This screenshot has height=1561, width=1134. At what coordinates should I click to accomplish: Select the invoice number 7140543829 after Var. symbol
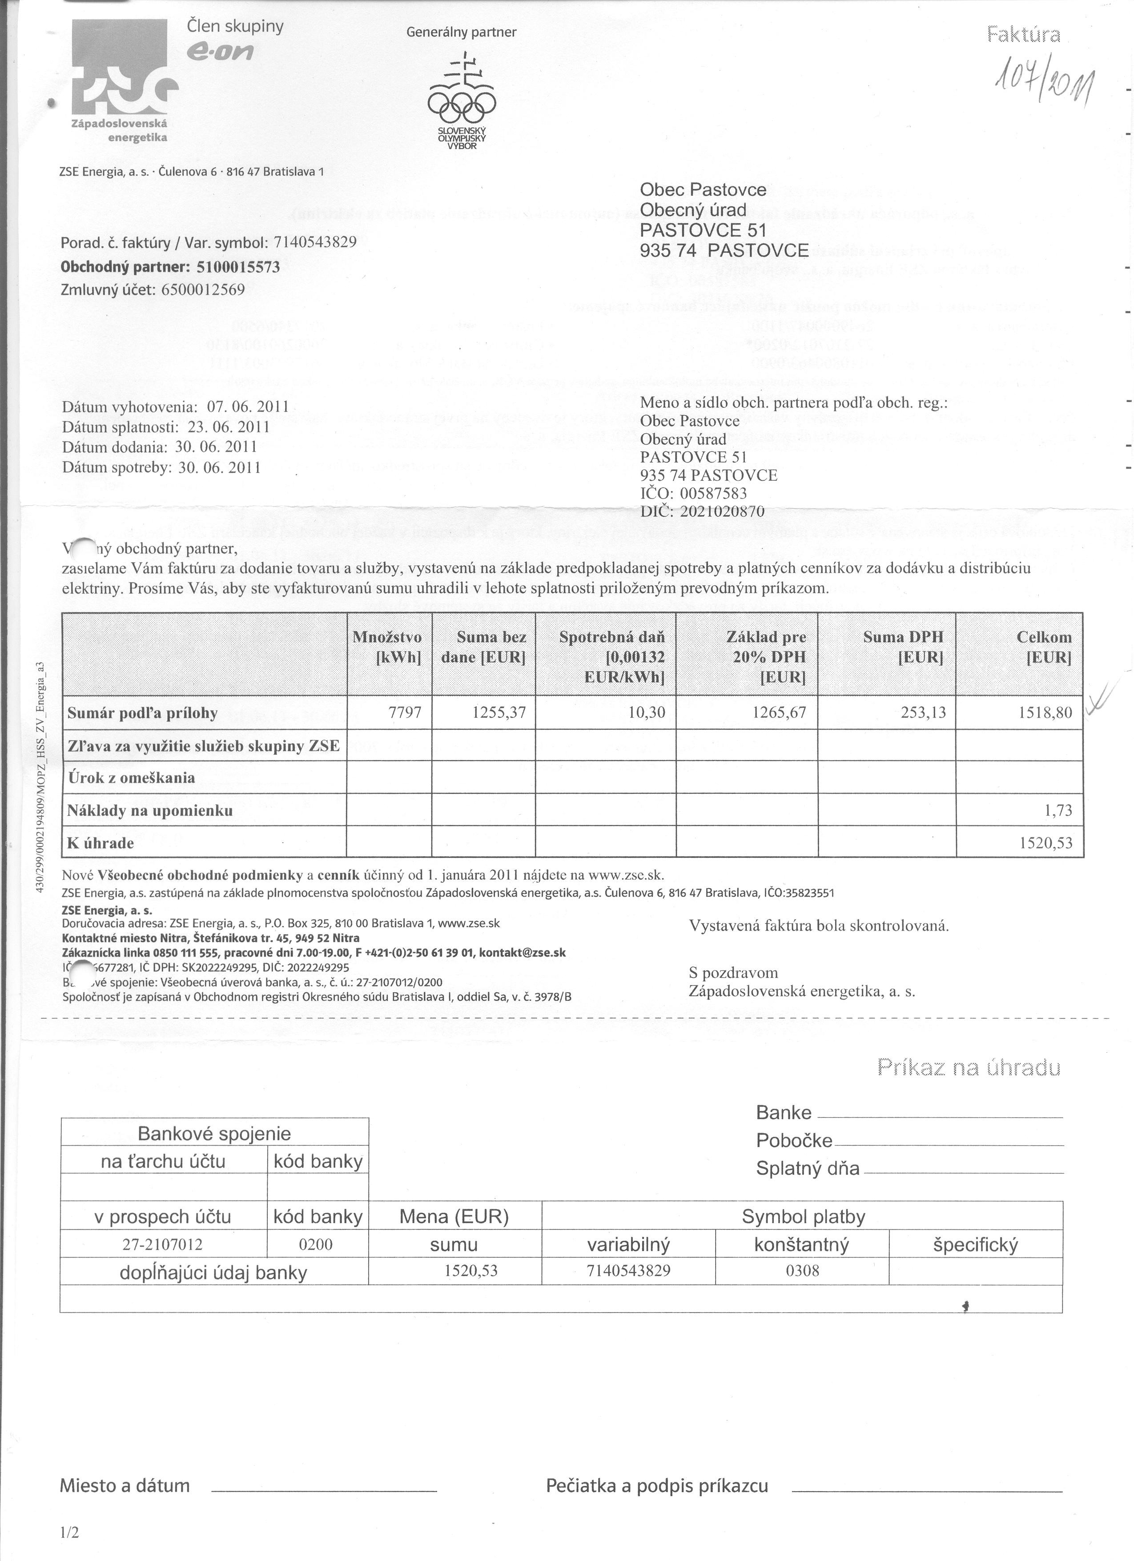[315, 242]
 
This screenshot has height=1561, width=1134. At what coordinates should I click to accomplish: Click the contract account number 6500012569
[203, 289]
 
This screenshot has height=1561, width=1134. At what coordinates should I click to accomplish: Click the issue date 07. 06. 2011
[246, 407]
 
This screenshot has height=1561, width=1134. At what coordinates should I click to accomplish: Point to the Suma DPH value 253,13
[924, 712]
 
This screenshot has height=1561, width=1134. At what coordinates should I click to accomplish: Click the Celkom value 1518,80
[1045, 712]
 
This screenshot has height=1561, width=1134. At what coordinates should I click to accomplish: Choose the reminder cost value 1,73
[1058, 810]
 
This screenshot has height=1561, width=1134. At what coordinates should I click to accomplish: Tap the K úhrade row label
[101, 843]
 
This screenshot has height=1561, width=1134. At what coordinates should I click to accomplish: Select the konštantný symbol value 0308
[802, 1271]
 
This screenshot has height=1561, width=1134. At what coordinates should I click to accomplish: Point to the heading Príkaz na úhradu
[969, 1067]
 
